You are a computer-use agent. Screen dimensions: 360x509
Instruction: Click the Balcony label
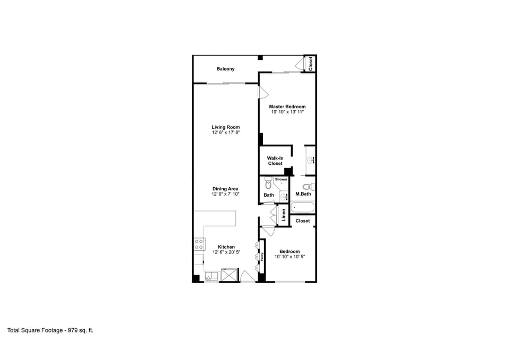click(225, 69)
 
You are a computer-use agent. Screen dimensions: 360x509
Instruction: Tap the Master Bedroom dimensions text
click(287, 112)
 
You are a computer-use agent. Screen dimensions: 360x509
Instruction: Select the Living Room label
click(225, 127)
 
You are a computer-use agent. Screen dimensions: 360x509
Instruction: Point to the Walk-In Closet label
click(275, 161)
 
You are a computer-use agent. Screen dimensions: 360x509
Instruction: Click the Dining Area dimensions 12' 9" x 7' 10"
click(225, 195)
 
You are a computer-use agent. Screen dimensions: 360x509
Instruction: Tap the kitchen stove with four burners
click(199, 244)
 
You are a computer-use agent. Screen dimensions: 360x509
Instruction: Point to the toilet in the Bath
click(267, 184)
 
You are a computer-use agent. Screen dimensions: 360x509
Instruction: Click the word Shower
click(281, 180)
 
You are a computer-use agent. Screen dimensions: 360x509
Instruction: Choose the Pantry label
click(262, 257)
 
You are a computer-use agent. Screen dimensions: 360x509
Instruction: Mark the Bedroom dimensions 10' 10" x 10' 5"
click(289, 257)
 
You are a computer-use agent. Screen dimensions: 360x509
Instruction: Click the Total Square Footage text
click(50, 330)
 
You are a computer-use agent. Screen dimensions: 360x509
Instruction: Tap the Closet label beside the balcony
click(311, 64)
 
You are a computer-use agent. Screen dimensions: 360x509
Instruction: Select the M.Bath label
click(303, 195)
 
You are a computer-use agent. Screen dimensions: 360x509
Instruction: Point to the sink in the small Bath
click(284, 197)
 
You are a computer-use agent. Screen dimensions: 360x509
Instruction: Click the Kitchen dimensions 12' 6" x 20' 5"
click(226, 252)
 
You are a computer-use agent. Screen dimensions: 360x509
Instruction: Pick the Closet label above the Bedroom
click(303, 221)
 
